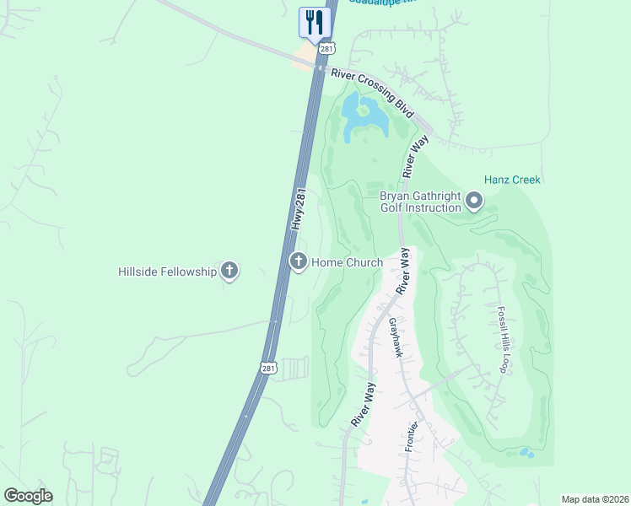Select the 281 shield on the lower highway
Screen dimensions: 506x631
pyautogui.click(x=267, y=368)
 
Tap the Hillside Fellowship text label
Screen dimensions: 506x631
pyautogui.click(x=167, y=272)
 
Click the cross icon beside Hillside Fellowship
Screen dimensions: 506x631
pyautogui.click(x=229, y=271)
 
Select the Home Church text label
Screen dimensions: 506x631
pyautogui.click(x=348, y=262)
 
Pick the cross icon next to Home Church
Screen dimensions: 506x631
pyautogui.click(x=298, y=262)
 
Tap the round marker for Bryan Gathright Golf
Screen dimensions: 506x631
pyautogui.click(x=474, y=201)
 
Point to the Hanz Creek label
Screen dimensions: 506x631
pyautogui.click(x=512, y=180)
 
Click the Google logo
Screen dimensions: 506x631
pyautogui.click(x=28, y=496)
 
